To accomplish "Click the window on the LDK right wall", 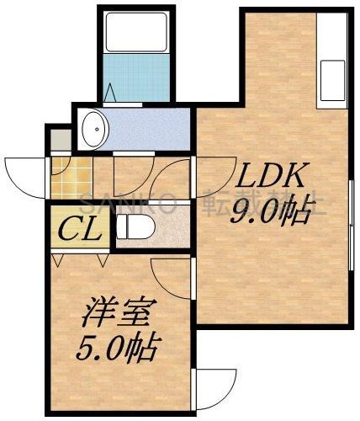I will pyautogui.click(x=350, y=223).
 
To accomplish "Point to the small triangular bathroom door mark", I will pyautogui.click(x=111, y=90).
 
